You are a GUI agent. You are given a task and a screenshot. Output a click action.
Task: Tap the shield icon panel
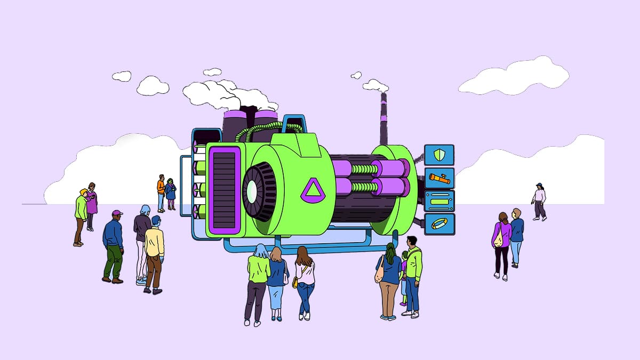[x=439, y=155]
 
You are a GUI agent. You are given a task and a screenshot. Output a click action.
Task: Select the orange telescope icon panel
[x=439, y=178]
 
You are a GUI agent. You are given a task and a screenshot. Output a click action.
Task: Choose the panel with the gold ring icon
[x=439, y=224]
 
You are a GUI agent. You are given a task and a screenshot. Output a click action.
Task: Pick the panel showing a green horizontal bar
[x=439, y=202]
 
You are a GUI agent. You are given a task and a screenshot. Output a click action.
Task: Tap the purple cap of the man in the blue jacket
[x=117, y=213]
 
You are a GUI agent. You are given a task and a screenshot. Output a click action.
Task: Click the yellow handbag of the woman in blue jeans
[x=295, y=282]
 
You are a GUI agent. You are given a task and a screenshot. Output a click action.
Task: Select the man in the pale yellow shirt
[x=155, y=251]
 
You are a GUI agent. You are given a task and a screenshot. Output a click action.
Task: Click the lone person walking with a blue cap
[x=539, y=201]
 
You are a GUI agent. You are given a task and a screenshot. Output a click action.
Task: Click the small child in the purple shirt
[x=404, y=277]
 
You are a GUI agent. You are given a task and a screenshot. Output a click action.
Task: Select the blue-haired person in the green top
[x=259, y=280]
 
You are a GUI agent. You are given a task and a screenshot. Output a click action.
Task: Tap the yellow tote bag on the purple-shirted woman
[x=498, y=239]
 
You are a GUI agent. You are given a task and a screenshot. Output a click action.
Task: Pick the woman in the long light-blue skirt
[x=276, y=283]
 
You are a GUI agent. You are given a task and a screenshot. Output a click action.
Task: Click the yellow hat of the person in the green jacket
[x=83, y=192]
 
